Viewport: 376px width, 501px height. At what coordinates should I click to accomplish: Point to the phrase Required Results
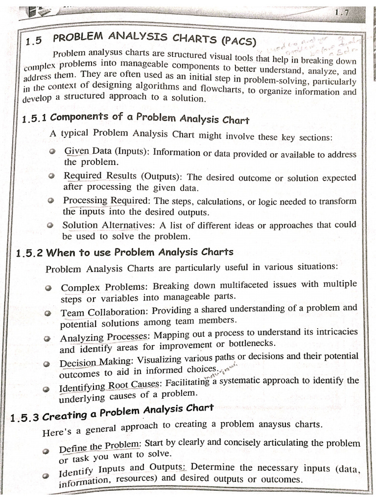coord(98,176)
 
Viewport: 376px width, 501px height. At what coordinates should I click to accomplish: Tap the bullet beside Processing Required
coord(51,201)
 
